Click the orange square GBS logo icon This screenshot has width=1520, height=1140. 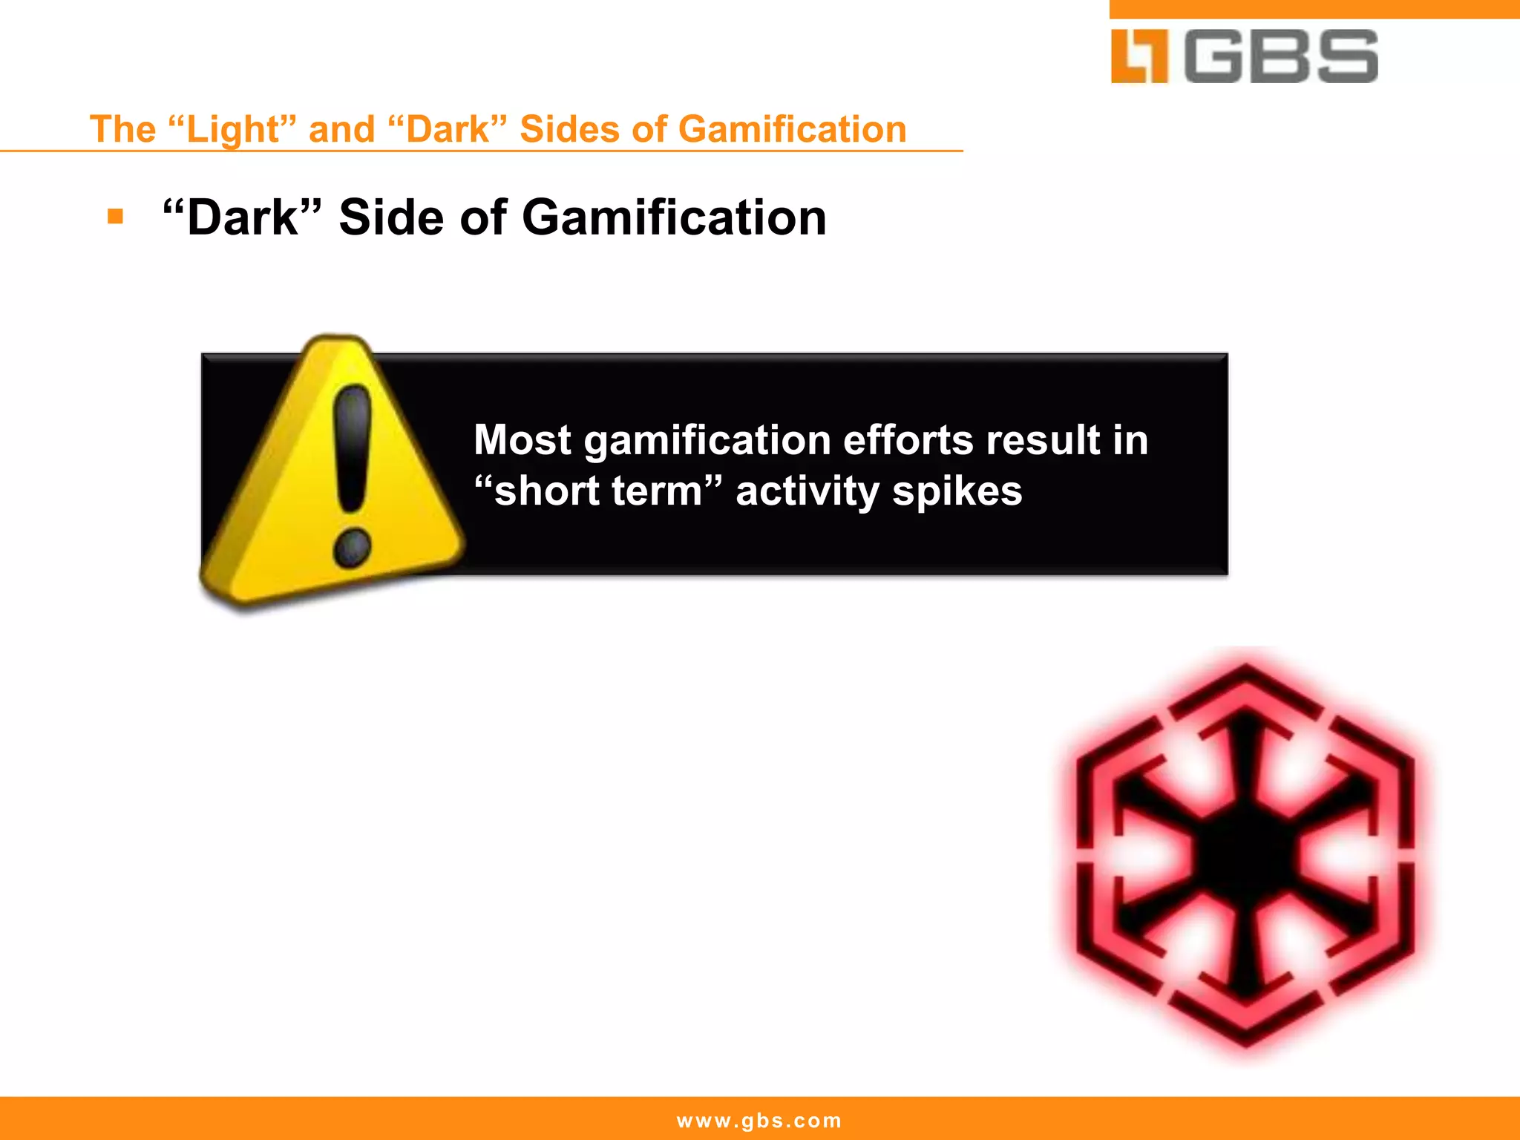[1139, 56]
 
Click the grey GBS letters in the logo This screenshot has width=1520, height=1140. [1282, 56]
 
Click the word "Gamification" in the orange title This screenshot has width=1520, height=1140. [792, 129]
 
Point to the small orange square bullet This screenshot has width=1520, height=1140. [115, 217]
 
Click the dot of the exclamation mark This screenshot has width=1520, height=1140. [352, 549]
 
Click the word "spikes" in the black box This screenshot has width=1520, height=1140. [957, 491]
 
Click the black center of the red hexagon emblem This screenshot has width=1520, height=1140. [1246, 854]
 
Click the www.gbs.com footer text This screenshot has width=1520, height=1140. [759, 1120]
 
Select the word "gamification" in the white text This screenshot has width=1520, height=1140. [707, 441]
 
